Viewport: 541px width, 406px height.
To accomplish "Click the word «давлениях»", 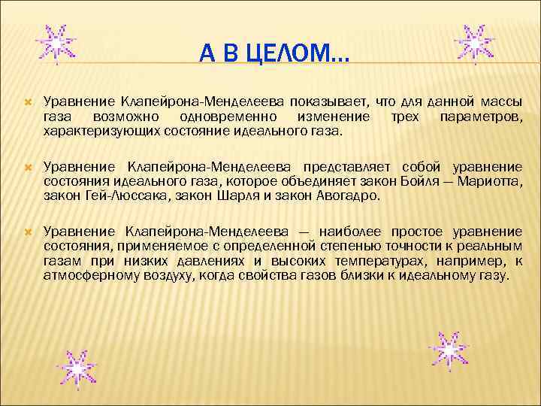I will tap(215, 261).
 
